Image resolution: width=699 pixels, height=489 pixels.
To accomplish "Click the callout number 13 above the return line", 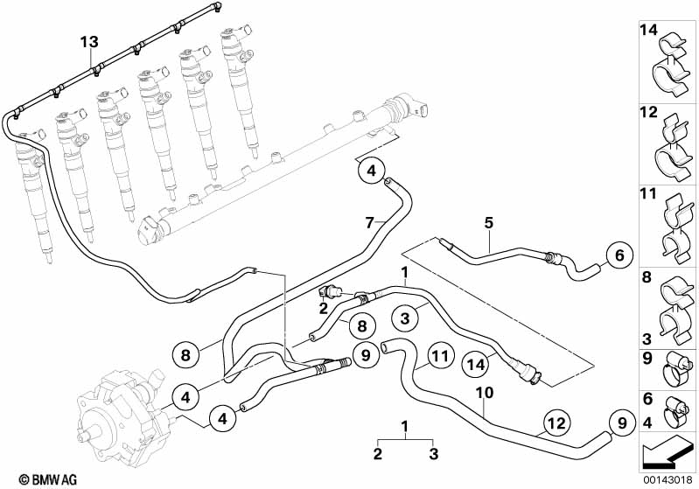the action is [x=89, y=42].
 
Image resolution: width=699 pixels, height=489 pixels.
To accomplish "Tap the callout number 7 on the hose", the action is [x=369, y=222].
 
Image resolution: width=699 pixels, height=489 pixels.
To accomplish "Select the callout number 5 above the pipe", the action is [x=489, y=222].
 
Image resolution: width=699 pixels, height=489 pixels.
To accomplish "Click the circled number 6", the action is [x=619, y=255].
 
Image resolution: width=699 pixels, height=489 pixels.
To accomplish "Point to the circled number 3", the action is [x=405, y=318].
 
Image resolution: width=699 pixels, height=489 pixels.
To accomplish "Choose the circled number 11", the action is [x=440, y=356].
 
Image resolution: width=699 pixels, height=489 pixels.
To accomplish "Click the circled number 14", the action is [x=477, y=365].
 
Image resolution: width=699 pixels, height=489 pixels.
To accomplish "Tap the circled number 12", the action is [x=557, y=423].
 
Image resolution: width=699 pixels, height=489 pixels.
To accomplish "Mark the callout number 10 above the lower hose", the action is [x=485, y=393].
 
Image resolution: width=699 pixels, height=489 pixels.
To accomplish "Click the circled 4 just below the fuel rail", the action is [x=372, y=171].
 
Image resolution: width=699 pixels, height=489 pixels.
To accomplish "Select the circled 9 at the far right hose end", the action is [x=623, y=423].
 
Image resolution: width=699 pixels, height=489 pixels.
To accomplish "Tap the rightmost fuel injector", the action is [x=240, y=89].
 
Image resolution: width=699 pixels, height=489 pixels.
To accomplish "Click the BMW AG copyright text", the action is [x=48, y=479].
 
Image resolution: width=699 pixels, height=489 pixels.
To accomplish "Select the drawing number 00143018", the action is [x=668, y=480].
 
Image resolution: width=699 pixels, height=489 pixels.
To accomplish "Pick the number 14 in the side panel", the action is [x=648, y=31].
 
